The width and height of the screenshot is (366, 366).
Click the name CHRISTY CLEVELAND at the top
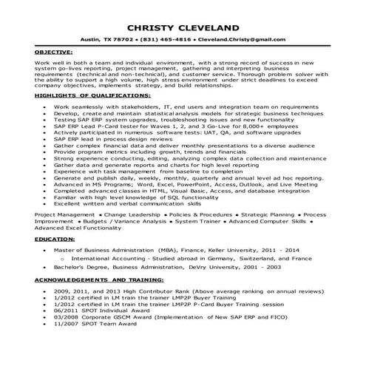tap(183, 21)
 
